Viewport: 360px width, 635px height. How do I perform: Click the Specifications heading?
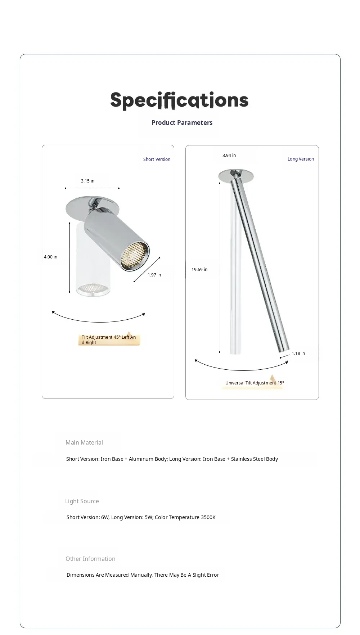pos(179,100)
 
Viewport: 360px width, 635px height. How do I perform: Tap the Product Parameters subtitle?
pos(182,123)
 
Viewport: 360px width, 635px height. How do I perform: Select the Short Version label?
pos(157,159)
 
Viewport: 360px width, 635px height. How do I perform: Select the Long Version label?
pos(301,159)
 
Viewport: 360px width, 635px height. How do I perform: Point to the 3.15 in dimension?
pos(87,181)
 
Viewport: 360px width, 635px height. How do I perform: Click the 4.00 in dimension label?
pos(50,257)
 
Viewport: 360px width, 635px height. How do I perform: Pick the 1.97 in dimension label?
pos(154,275)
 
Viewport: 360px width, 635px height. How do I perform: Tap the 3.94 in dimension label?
pos(229,156)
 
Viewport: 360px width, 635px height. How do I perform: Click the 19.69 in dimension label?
pos(199,270)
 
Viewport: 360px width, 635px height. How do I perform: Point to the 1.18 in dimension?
pos(298,353)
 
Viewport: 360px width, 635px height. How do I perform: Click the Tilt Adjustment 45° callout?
pos(108,340)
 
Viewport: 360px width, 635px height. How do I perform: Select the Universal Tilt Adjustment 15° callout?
pos(254,383)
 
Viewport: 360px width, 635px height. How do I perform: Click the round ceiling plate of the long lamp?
pos(236,176)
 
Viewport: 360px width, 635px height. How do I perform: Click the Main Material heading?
pos(84,443)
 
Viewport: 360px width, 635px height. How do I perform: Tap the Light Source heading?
pos(82,501)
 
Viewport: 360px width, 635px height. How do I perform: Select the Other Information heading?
pos(90,559)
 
